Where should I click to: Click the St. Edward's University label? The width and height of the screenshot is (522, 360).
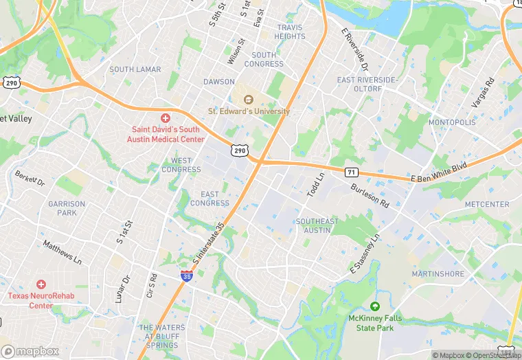click(x=249, y=111)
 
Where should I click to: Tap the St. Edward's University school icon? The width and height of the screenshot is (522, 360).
click(x=249, y=99)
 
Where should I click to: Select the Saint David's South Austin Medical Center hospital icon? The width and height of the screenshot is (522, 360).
click(x=166, y=119)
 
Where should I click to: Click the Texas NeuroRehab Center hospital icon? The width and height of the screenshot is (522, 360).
click(x=41, y=284)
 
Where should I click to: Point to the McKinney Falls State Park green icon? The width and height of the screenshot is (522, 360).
click(x=374, y=306)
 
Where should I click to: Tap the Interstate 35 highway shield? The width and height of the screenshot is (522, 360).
click(x=186, y=275)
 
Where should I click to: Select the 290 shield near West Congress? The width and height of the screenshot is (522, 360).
click(x=239, y=150)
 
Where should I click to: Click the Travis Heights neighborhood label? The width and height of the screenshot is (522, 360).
click(x=290, y=32)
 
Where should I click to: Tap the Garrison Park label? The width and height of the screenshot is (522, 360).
click(x=67, y=208)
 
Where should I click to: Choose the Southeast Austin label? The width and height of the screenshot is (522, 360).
click(x=317, y=225)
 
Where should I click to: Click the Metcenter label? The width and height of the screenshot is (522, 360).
click(x=487, y=204)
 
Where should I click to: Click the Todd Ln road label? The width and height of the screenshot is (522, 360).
click(x=319, y=185)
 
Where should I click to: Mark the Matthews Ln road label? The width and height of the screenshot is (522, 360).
click(x=62, y=252)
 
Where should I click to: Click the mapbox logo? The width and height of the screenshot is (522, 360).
click(x=31, y=350)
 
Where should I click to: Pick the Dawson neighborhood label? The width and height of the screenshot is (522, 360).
click(x=218, y=82)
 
